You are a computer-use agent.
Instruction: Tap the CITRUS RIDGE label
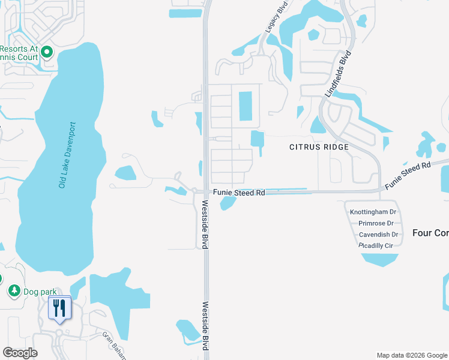319,147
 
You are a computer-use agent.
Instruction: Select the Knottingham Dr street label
373,212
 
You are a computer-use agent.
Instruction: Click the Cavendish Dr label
378,235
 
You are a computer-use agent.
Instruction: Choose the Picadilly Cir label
376,246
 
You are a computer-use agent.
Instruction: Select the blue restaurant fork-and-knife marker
59,308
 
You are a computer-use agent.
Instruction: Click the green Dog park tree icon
14,291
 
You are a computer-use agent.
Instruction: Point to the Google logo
20,352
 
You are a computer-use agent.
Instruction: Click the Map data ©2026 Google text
412,355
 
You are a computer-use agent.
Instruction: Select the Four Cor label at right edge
430,232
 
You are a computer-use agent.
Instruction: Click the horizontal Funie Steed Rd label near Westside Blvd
239,193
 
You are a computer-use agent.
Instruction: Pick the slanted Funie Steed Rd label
408,175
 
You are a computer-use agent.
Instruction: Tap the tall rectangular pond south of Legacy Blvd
246,106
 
